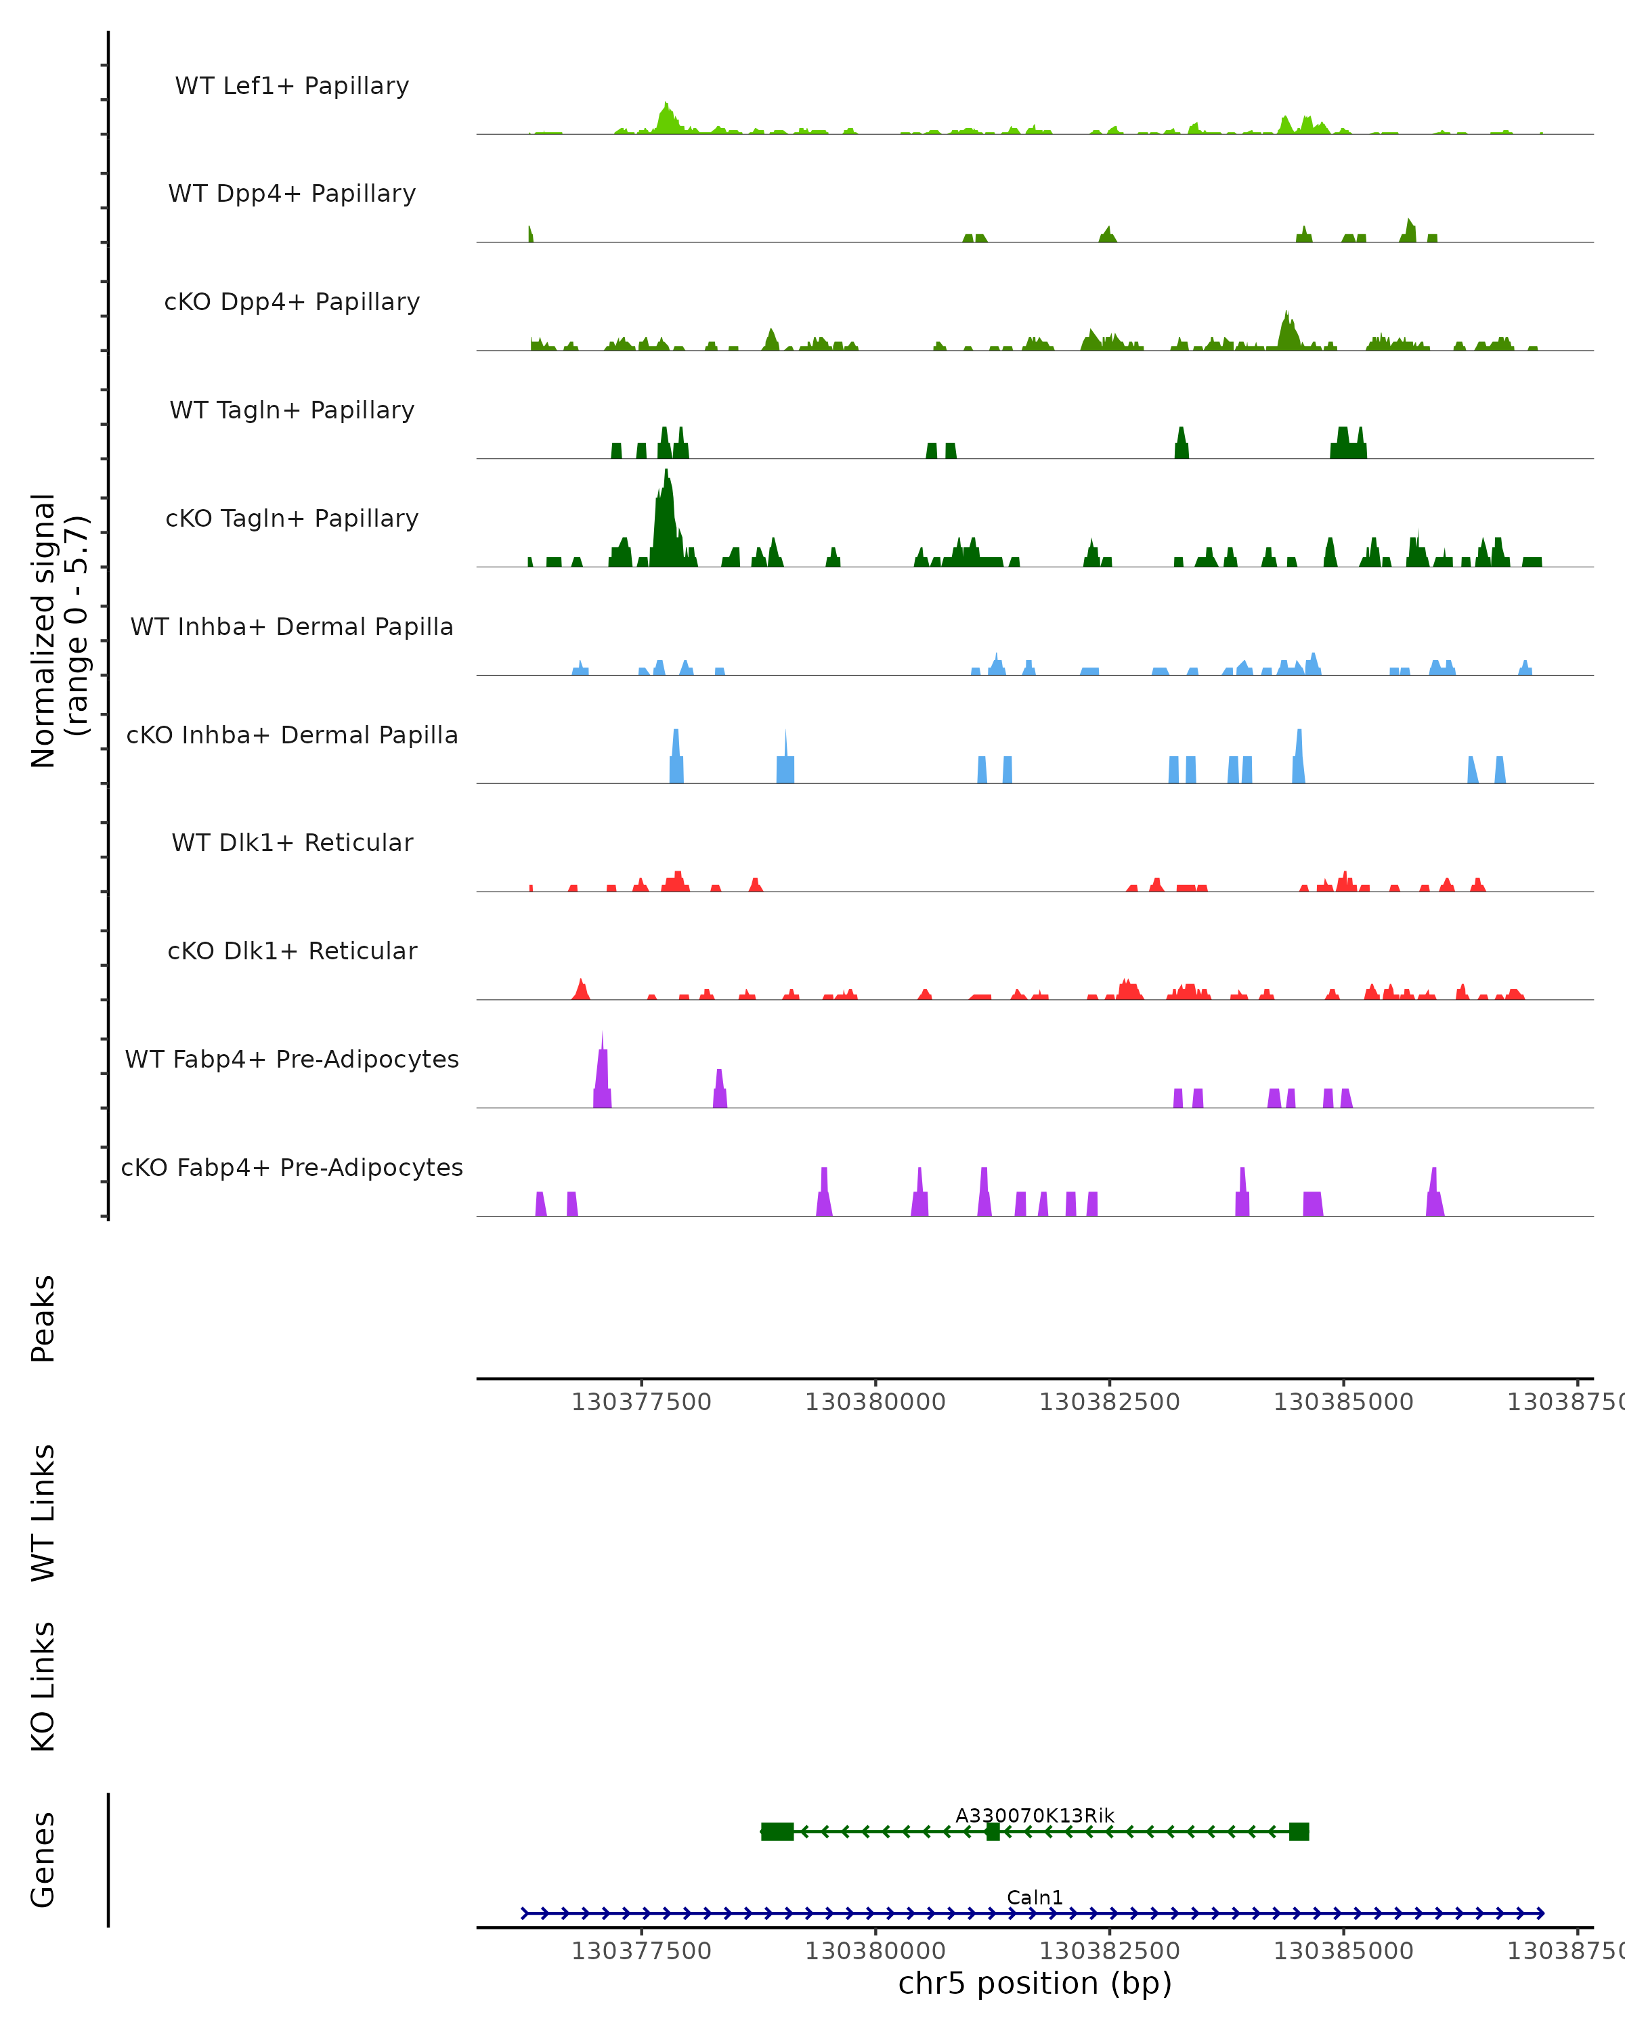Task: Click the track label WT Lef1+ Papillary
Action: point(292,86)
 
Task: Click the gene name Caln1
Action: point(1035,1897)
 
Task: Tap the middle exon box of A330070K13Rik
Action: point(993,1831)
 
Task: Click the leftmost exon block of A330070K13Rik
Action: point(777,1831)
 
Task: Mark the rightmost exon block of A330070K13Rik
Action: point(1299,1831)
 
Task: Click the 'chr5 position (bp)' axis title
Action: point(1035,1983)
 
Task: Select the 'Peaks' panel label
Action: point(43,1319)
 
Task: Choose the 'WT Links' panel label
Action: point(43,1512)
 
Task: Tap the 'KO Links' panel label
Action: point(43,1686)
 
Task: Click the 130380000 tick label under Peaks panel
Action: point(875,1402)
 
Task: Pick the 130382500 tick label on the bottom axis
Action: point(1109,1951)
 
